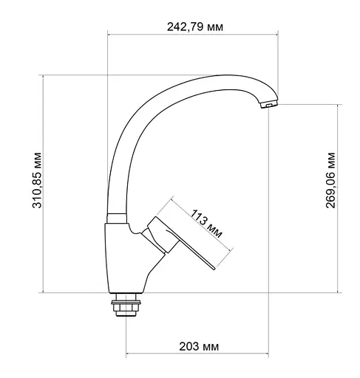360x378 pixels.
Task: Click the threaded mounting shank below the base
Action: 127,309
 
